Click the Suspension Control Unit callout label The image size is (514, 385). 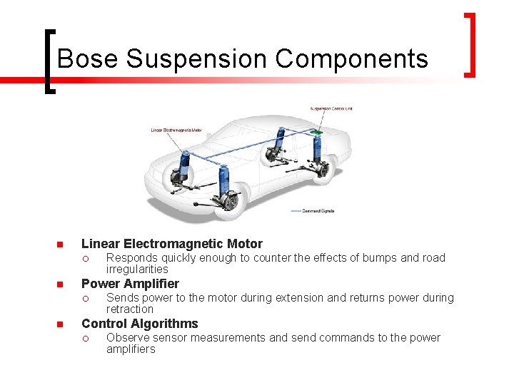pos(331,109)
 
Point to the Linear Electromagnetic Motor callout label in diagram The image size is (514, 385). pos(176,130)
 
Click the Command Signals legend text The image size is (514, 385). pos(320,211)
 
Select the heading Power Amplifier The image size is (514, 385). pos(130,284)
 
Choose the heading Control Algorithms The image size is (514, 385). pos(140,324)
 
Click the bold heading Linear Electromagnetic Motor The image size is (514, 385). pos(172,244)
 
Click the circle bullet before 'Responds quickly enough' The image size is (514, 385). pos(84,258)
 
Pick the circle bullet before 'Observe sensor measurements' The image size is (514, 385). pos(84,338)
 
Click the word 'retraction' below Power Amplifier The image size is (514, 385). pos(130,309)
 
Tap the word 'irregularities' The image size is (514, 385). pos(137,269)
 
